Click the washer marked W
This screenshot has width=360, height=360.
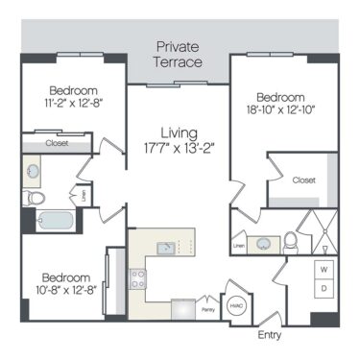pos(324,268)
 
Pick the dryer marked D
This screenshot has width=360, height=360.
pos(324,289)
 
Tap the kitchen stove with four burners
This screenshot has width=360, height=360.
pos(137,279)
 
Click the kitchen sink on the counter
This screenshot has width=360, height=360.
pos(166,249)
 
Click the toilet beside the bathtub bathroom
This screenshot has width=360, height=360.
pos(36,197)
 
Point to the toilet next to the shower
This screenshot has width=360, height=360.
pos(291,241)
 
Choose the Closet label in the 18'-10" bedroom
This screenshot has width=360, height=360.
pos(303,180)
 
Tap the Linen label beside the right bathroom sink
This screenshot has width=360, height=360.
pos(239,248)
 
